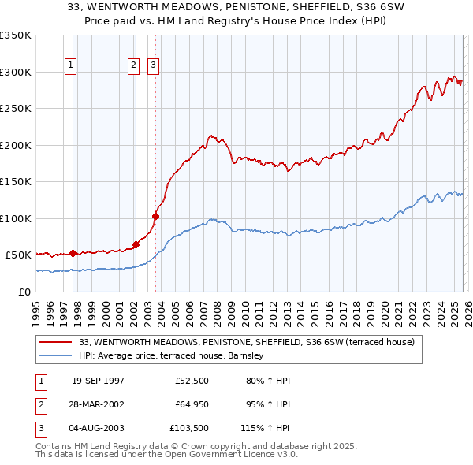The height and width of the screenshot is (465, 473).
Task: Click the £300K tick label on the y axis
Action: (x=16, y=72)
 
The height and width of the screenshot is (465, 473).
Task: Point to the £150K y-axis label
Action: (x=16, y=182)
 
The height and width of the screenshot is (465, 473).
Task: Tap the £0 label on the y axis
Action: (x=24, y=292)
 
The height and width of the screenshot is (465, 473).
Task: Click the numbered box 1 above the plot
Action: (x=71, y=66)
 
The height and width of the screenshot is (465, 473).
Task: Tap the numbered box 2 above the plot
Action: (x=133, y=66)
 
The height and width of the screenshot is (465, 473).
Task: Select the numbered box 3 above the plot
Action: (x=153, y=66)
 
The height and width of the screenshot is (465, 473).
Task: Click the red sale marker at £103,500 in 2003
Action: (x=155, y=216)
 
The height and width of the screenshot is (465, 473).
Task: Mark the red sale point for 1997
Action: (x=73, y=253)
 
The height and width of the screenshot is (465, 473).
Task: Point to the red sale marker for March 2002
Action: (x=136, y=244)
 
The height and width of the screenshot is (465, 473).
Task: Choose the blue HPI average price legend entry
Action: (x=174, y=356)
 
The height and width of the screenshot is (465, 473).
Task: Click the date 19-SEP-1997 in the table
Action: (x=98, y=381)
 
